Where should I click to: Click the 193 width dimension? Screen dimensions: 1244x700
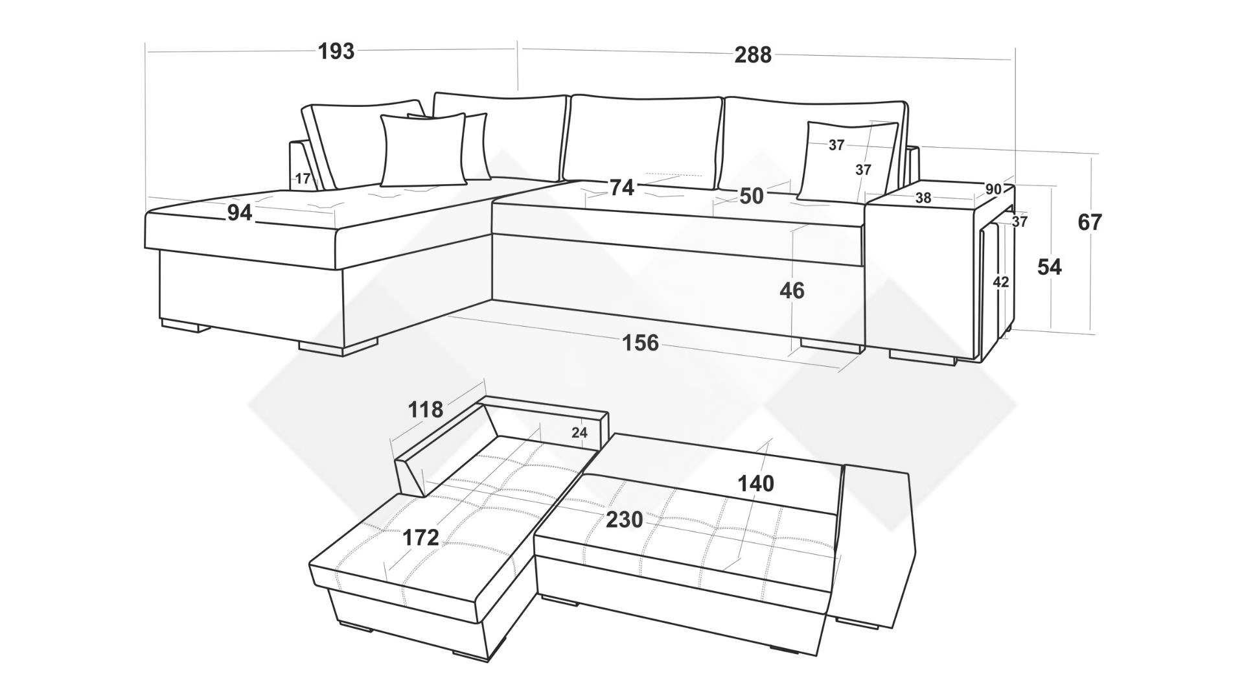(336, 51)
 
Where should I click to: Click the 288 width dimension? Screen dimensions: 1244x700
(753, 55)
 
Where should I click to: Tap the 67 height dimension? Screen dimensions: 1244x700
(1089, 222)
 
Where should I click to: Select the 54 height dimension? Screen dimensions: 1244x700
(1050, 266)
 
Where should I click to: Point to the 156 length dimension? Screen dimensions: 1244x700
(640, 342)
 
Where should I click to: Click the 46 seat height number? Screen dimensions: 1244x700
(792, 290)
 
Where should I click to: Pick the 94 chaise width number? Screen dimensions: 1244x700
(239, 212)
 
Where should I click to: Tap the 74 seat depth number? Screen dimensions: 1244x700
(621, 187)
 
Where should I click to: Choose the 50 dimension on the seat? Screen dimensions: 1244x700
(752, 196)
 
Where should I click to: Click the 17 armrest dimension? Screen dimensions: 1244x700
(303, 179)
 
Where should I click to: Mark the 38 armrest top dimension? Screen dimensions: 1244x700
(923, 198)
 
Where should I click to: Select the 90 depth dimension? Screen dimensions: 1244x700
(993, 189)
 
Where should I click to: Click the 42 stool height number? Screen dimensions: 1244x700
(1001, 282)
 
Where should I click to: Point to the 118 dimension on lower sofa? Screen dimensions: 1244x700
(426, 410)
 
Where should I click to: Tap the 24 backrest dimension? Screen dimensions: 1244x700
(579, 432)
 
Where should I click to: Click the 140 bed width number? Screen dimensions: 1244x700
(755, 484)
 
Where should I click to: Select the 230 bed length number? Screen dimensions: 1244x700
(624, 520)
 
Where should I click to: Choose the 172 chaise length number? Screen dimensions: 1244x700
(421, 537)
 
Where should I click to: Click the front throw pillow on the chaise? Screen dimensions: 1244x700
(423, 150)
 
